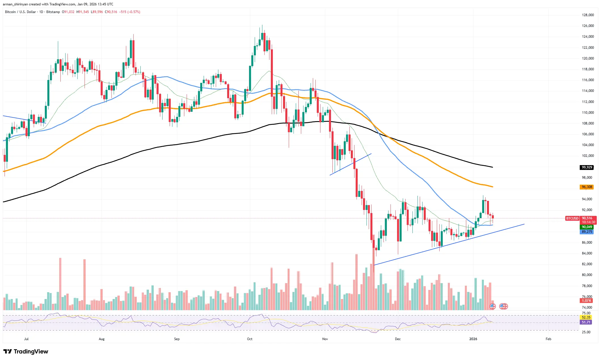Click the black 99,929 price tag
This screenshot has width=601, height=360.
(587, 167)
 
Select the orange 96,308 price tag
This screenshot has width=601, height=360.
(587, 187)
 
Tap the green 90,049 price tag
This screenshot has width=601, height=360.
(587, 227)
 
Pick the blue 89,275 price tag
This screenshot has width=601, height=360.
(587, 232)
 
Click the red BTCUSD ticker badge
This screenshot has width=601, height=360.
(572, 218)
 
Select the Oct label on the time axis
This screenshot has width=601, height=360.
(250, 339)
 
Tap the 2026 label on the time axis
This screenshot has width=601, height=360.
(473, 339)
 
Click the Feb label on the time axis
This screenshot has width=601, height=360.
(548, 339)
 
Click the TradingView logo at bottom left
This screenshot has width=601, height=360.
(26, 351)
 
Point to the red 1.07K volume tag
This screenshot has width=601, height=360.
(586, 301)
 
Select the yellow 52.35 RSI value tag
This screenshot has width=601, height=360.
(586, 317)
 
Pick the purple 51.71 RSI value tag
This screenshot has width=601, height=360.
(586, 322)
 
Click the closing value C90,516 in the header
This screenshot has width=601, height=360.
(111, 12)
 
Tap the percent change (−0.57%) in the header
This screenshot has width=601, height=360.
(134, 12)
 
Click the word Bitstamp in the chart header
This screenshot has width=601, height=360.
(53, 12)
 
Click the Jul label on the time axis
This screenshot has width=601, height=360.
(26, 339)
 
